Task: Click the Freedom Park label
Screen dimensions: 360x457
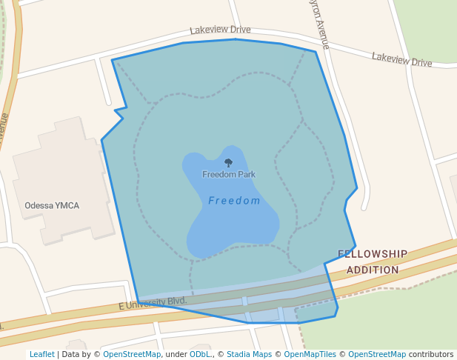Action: tap(229, 175)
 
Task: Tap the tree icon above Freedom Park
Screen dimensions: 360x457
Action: tap(228, 162)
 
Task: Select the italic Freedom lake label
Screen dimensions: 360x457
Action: tap(234, 201)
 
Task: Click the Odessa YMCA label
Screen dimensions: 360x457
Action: tap(52, 205)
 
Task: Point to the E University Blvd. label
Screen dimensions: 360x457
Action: tap(153, 304)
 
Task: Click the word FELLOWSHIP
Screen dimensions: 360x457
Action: tap(373, 254)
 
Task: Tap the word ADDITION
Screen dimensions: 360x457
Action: tap(373, 270)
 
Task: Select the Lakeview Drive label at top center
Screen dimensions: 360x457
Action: tap(220, 30)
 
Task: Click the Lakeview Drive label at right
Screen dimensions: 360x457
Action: tap(401, 59)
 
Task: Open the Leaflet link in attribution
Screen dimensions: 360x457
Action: tap(42, 354)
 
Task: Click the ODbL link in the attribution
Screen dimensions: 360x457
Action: tap(200, 354)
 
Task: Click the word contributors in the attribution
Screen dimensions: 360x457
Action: tap(431, 354)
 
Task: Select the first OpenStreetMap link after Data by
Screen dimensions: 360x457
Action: tap(132, 354)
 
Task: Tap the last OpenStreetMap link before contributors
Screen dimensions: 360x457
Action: tap(377, 354)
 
